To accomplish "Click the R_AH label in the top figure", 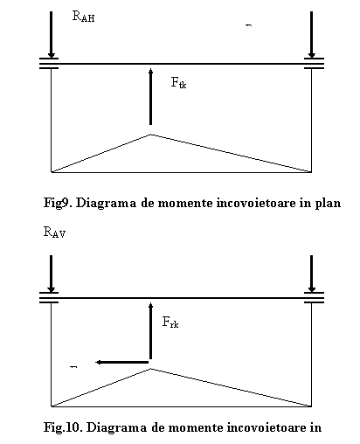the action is click(83, 17).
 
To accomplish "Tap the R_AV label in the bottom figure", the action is click(54, 232).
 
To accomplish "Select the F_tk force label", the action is click(178, 82).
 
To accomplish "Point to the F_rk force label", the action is click(170, 323).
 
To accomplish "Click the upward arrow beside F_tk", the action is click(150, 96).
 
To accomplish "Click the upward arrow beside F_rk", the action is click(150, 330).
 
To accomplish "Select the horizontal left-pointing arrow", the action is click(122, 362).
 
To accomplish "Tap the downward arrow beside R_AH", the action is click(52, 34).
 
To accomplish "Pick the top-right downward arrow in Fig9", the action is click(312, 34).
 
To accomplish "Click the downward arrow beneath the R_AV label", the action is click(52, 274).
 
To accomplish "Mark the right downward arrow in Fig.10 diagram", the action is click(312, 274).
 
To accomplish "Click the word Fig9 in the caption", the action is click(57, 203).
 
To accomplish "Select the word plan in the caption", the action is click(328, 204).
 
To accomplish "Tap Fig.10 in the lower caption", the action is click(63, 427).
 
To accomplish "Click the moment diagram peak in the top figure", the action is click(151, 135).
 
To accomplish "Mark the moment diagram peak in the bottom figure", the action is click(151, 369).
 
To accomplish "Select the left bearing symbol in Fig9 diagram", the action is click(49, 64).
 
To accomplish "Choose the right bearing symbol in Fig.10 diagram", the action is click(314, 298).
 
